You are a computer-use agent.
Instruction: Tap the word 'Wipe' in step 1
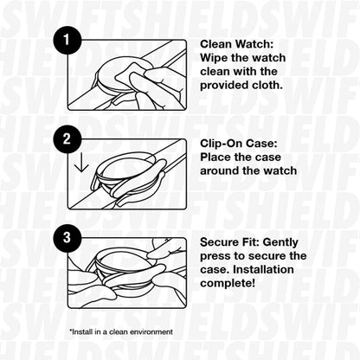coord(215,57)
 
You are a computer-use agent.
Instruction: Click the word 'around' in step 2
coord(222,170)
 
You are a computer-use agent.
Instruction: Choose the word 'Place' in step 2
coord(216,156)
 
